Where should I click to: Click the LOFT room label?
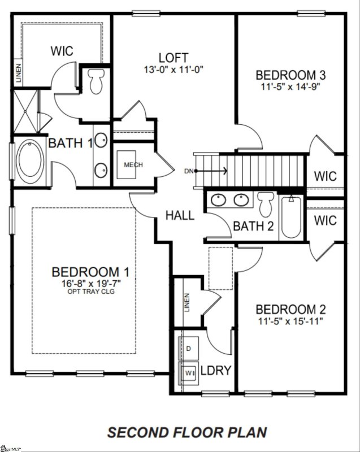[174, 58]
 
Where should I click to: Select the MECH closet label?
[133, 165]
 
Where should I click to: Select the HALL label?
[180, 215]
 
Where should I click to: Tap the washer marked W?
[188, 372]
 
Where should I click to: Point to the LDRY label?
[216, 371]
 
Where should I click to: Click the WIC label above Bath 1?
[62, 51]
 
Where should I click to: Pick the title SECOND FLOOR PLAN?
[187, 433]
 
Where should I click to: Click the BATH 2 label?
[254, 227]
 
